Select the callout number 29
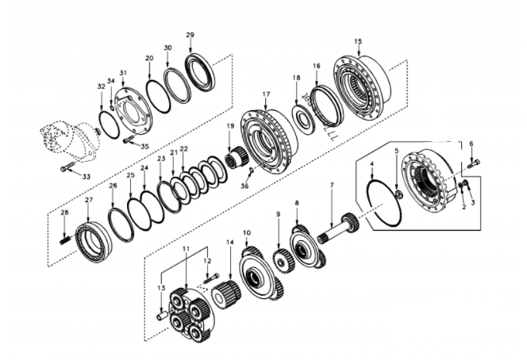point(190,36)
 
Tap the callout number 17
point(266,94)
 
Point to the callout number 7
point(331,186)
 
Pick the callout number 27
point(89,201)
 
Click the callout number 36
point(245,186)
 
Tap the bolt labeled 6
point(473,163)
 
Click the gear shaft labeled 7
point(337,229)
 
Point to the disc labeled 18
point(302,117)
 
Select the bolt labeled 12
point(210,278)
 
